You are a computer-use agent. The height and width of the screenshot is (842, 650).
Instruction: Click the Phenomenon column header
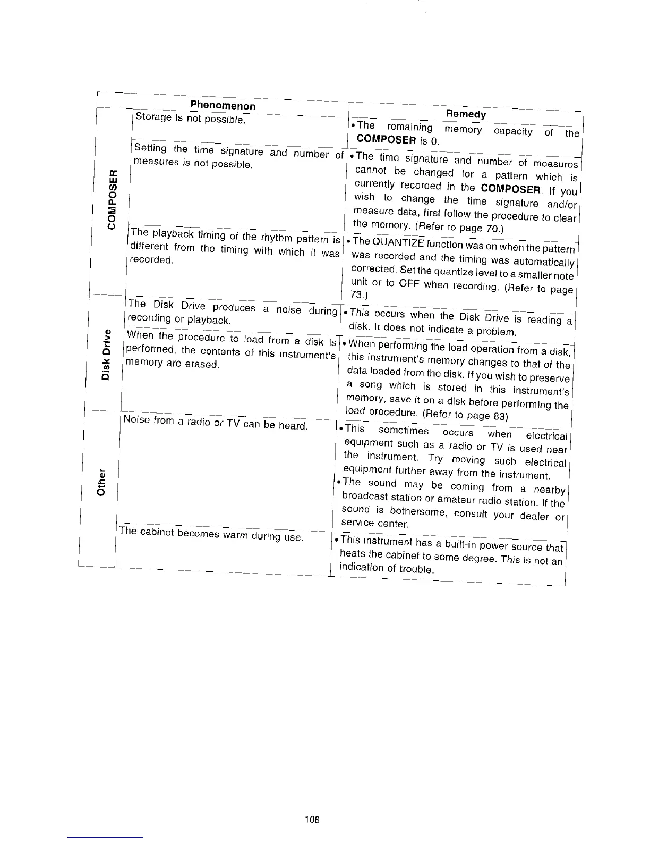click(223, 106)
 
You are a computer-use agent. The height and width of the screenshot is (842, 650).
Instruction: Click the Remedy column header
click(466, 114)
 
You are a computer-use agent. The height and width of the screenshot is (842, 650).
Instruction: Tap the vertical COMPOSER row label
click(112, 198)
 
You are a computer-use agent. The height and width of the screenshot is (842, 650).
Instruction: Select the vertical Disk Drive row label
click(108, 355)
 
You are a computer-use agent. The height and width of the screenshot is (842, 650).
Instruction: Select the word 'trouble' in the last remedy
click(418, 569)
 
